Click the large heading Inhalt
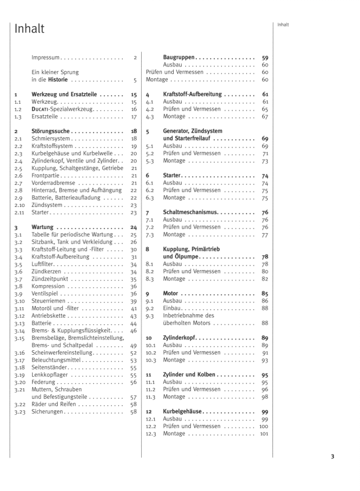point(30,29)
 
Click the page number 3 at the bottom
point(332,456)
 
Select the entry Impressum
point(46,58)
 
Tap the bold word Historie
point(58,80)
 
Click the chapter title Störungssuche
point(50,131)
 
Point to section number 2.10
point(20,205)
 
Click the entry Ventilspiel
point(47,294)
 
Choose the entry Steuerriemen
point(49,301)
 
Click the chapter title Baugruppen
point(179,58)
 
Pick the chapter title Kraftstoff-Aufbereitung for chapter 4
point(193,94)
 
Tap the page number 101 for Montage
point(264,434)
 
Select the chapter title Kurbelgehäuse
point(183,412)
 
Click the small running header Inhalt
point(283,25)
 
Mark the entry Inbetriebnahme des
point(188,316)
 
